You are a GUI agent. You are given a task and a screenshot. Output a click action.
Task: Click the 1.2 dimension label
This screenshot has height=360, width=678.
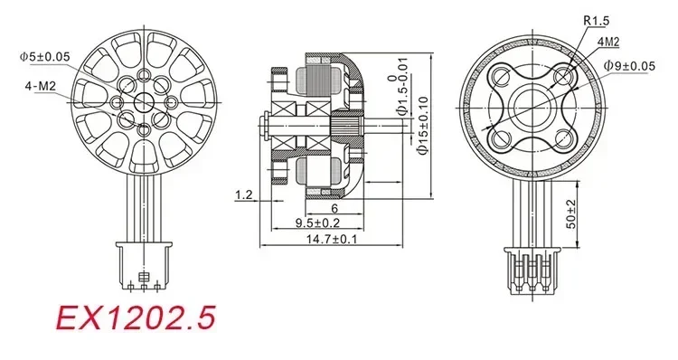243,194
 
